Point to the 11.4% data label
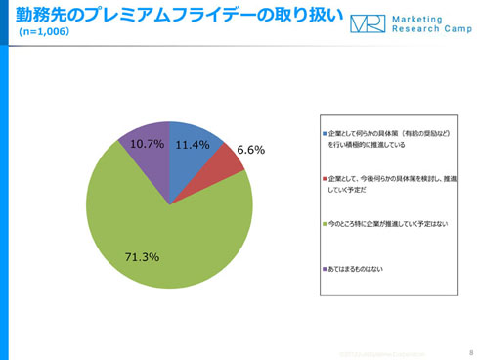193,144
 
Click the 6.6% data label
250,152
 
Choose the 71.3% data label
143,257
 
